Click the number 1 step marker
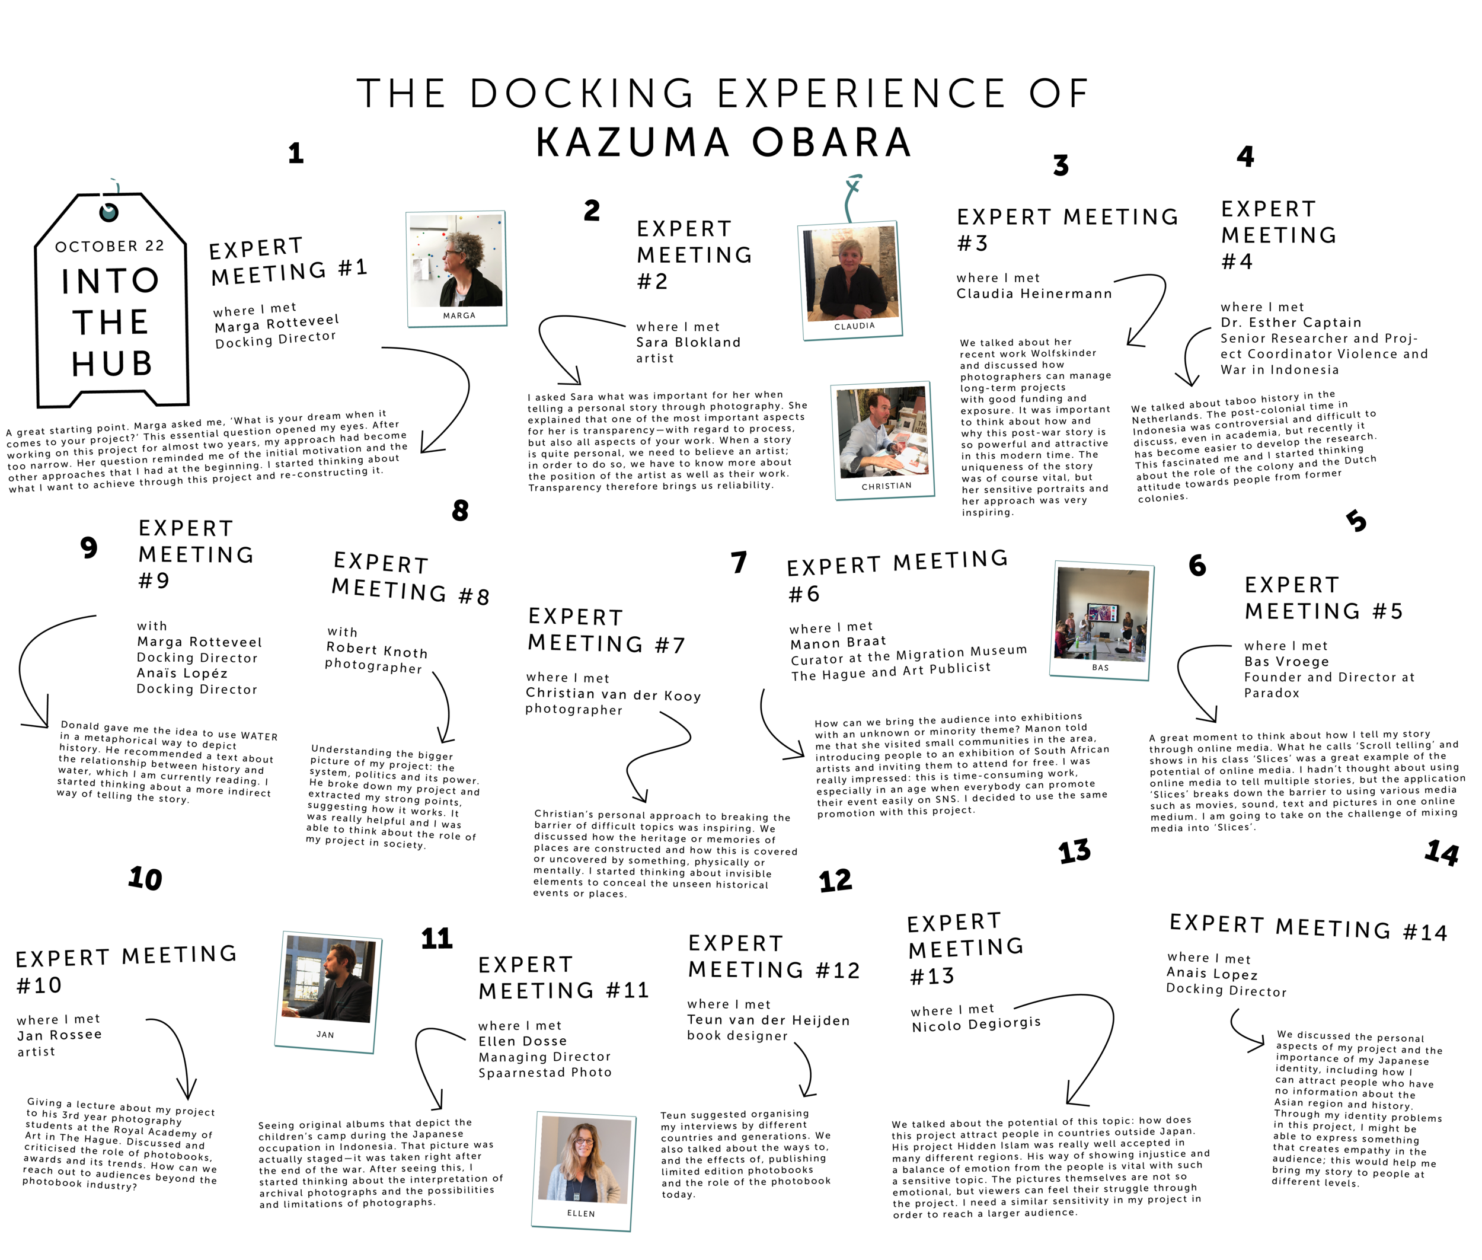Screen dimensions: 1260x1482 coord(296,153)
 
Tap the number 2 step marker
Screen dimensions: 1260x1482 coord(592,210)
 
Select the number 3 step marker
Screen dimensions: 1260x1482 coord(1061,165)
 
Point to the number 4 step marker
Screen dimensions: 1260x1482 coord(1245,157)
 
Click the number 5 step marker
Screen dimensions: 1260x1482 coord(1356,521)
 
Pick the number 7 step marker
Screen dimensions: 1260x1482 coord(739,562)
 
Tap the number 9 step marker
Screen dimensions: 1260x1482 coord(88,548)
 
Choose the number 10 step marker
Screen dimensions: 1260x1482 coord(145,879)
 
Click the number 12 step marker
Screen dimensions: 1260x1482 coord(836,881)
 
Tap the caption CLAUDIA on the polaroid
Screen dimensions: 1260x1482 coord(854,326)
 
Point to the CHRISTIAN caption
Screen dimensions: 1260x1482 coord(886,486)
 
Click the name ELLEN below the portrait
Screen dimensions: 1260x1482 coord(581,1213)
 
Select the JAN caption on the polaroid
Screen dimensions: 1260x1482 coord(325,1034)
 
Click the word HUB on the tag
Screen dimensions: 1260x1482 coord(112,363)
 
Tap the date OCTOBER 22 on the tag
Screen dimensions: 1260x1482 coord(109,245)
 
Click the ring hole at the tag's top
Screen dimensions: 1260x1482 coord(108,212)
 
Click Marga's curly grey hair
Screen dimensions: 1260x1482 coord(466,247)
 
